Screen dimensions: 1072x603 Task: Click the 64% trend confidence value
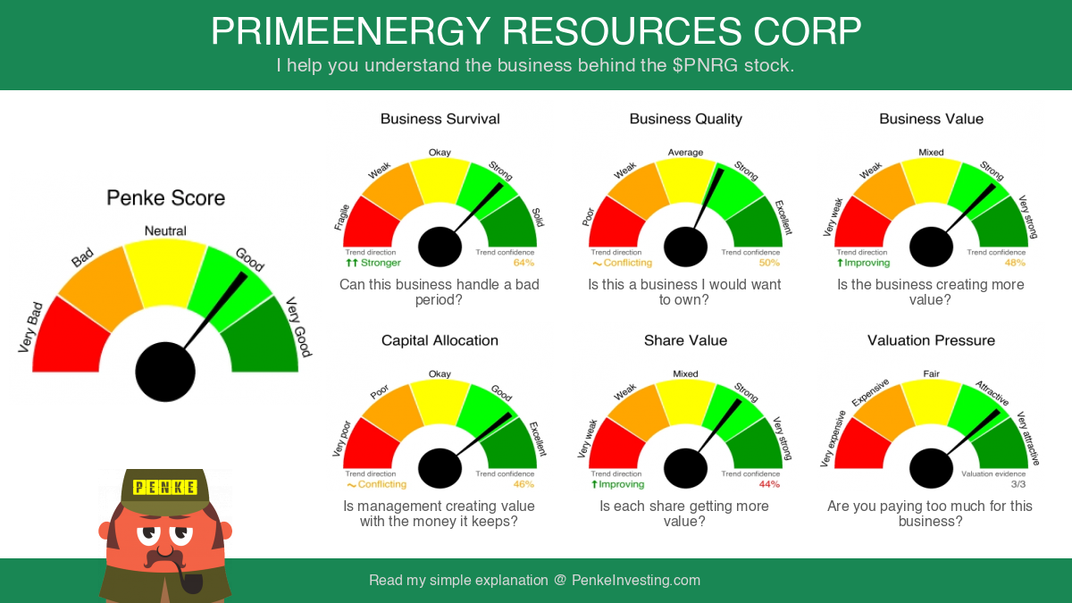523,263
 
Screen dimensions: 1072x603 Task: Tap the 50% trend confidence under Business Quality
769,263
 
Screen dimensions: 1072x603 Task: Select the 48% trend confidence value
1015,263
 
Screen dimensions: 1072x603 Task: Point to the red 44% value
769,484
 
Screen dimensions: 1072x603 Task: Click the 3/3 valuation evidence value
1018,484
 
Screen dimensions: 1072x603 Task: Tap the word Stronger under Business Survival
381,263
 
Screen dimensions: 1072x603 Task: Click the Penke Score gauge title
165,197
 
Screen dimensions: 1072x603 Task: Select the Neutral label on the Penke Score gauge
165,230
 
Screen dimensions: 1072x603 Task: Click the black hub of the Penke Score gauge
165,372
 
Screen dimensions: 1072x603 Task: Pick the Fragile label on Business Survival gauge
341,217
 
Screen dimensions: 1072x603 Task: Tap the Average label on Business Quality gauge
685,152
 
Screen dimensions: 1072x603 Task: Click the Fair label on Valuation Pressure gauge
931,373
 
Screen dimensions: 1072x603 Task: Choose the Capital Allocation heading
440,340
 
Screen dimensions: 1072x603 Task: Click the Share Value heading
685,340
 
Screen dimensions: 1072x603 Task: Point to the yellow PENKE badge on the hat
165,487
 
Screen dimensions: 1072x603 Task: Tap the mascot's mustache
164,558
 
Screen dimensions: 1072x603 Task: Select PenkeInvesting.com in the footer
636,580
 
